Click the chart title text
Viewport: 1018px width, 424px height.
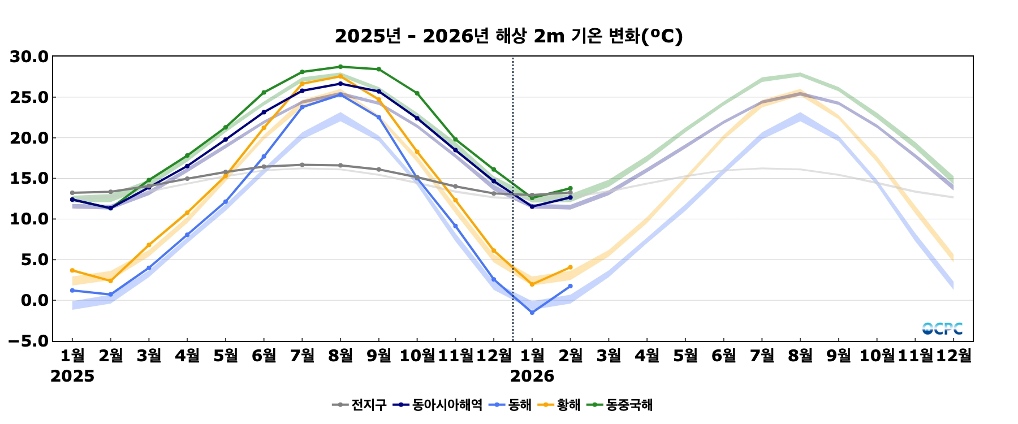pyautogui.click(x=508, y=36)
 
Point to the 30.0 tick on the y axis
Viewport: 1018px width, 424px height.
pyautogui.click(x=29, y=57)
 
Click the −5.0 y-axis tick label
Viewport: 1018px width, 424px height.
pyautogui.click(x=29, y=341)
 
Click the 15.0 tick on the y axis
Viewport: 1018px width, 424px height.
pyautogui.click(x=29, y=179)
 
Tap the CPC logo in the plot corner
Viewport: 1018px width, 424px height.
pyautogui.click(x=942, y=328)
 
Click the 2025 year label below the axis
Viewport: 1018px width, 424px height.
pyautogui.click(x=72, y=377)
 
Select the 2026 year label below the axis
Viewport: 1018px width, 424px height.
pyautogui.click(x=532, y=377)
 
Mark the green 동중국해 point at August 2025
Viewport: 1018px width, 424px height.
pyautogui.click(x=340, y=67)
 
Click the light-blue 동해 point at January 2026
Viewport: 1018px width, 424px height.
pyautogui.click(x=532, y=313)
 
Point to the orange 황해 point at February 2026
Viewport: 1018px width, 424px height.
pyautogui.click(x=570, y=267)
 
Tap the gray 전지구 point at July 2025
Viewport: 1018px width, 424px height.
pyautogui.click(x=302, y=165)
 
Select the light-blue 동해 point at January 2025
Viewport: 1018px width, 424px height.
pyautogui.click(x=72, y=291)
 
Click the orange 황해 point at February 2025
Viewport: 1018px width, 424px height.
pyautogui.click(x=111, y=281)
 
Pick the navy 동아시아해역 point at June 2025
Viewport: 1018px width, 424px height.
pyautogui.click(x=264, y=113)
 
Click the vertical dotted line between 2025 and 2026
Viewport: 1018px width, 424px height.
pyautogui.click(x=513, y=226)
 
